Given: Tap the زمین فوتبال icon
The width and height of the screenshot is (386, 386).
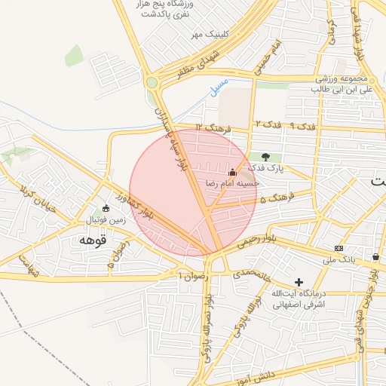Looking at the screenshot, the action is coord(106,208).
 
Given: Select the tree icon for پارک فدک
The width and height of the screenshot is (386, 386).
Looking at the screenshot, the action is coord(265,156).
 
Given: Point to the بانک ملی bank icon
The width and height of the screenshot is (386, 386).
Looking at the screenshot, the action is coord(339,248).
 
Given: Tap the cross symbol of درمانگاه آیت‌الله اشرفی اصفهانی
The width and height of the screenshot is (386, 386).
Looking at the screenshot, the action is coord(299,281).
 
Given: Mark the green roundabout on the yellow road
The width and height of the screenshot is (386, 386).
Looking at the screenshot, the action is coord(152,82).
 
